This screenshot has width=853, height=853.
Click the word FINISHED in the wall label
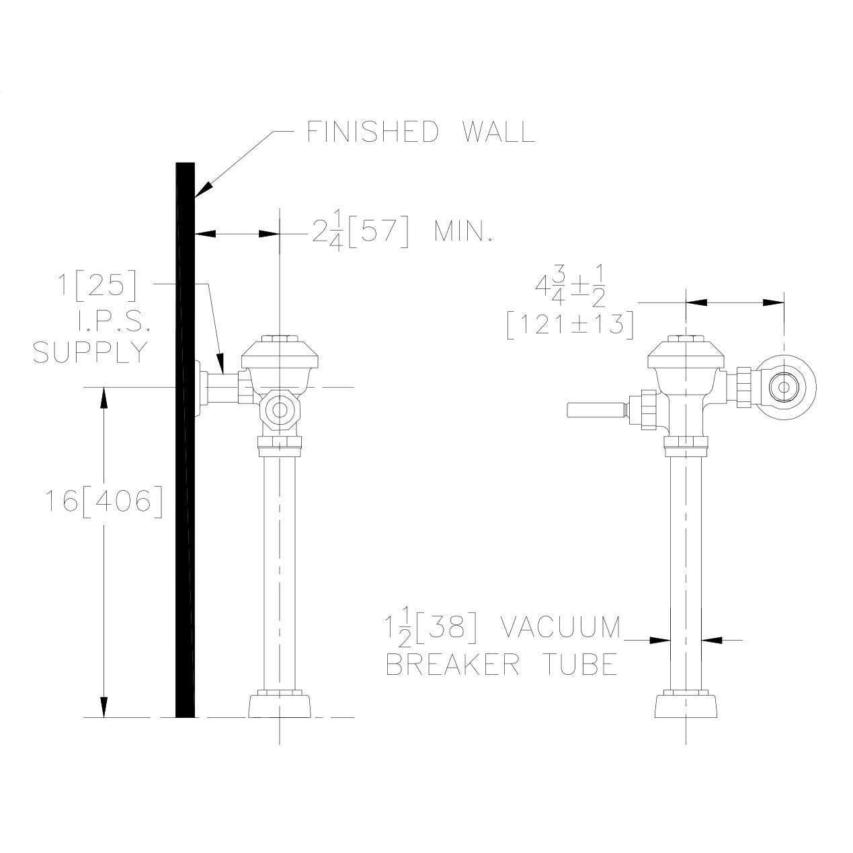372,132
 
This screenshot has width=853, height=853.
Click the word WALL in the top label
499,132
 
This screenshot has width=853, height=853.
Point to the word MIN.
463,231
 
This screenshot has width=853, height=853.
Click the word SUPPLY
90,353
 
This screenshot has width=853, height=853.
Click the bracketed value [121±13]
570,325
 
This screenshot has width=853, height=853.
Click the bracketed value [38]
447,628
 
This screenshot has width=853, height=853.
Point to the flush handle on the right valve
597,410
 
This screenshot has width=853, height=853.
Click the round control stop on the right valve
784,387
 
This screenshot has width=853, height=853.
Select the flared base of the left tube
280,704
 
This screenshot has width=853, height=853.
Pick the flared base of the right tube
686,704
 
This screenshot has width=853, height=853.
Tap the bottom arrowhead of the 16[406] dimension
104,707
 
